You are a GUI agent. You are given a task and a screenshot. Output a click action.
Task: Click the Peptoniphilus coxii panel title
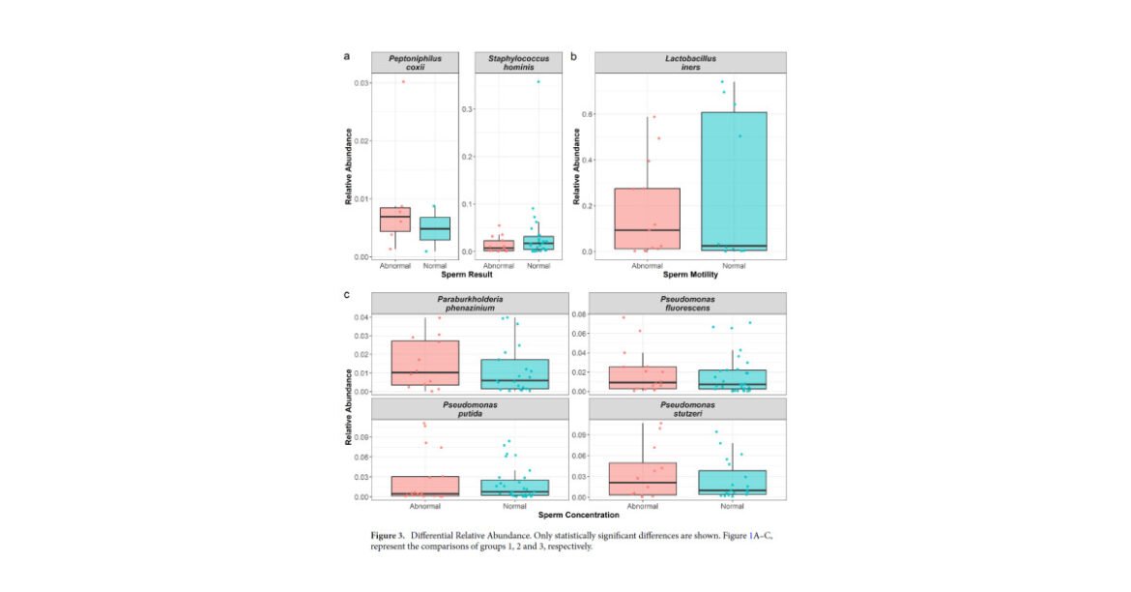point(415,62)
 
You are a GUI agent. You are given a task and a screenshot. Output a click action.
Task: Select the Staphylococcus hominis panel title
point(518,62)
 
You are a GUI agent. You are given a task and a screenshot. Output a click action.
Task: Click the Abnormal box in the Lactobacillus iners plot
point(647,219)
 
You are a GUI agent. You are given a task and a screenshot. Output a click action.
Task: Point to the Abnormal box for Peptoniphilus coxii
point(394,220)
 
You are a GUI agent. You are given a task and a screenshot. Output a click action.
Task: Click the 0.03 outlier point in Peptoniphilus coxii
point(403,81)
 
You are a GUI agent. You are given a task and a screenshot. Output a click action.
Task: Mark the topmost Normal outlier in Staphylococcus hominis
point(538,81)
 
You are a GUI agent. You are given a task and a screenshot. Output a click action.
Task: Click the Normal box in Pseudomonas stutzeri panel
point(732,483)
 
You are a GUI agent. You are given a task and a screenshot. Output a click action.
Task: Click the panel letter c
point(347,294)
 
